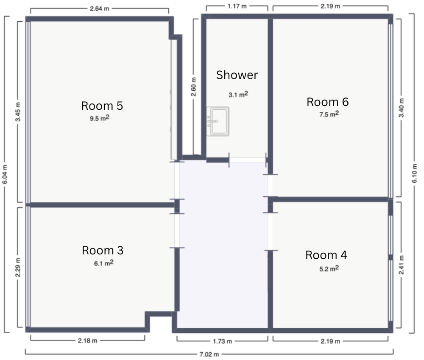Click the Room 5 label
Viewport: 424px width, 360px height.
(x=102, y=106)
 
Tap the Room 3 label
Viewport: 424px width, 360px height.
(x=103, y=251)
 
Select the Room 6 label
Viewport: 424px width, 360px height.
(x=327, y=102)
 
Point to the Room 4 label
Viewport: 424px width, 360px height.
(x=326, y=255)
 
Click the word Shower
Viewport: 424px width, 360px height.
(x=237, y=75)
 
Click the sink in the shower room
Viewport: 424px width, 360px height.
(x=218, y=121)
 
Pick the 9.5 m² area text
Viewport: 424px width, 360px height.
(x=100, y=118)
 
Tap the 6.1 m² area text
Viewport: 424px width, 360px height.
(x=103, y=262)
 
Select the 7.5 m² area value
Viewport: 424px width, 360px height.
(x=329, y=114)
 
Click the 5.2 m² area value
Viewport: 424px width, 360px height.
(x=329, y=268)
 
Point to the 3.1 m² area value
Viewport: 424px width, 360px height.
(x=238, y=94)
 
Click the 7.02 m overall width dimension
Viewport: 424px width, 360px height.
(x=209, y=354)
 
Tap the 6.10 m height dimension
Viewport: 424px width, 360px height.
(x=415, y=173)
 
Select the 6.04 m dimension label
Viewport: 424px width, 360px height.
(x=5, y=174)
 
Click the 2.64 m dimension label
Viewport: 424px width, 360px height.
(x=100, y=8)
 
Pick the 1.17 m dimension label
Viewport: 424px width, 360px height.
(x=237, y=6)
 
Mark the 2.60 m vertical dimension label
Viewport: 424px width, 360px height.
(x=194, y=87)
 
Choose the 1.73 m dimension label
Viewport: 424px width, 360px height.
(x=222, y=341)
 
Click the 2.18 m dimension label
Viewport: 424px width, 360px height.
(x=87, y=341)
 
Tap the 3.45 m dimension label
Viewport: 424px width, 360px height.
(x=18, y=112)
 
